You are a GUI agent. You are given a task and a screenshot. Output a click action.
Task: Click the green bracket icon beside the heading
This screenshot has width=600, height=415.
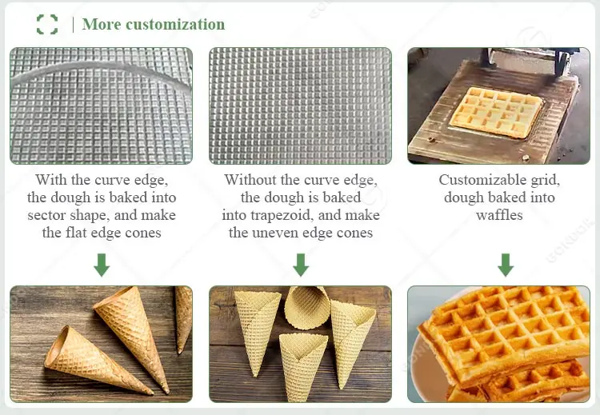[47, 24]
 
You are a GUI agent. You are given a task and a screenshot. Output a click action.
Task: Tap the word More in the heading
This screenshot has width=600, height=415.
[101, 24]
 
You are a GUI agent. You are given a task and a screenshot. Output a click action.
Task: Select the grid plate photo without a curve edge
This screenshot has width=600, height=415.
[300, 106]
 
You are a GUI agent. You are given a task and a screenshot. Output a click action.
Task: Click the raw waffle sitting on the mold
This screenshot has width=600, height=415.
[497, 110]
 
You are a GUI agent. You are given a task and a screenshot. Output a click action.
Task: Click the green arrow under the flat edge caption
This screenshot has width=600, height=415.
[101, 265]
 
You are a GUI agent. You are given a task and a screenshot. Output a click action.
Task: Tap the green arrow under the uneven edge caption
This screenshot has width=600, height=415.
[301, 265]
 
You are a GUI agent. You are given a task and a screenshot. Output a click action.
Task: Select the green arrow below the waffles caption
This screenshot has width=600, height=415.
[505, 265]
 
